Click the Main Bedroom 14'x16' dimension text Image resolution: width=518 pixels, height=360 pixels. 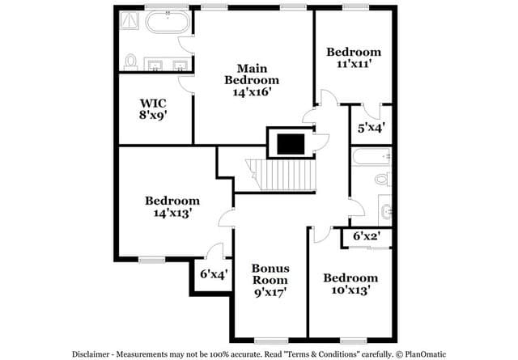coord(252,91)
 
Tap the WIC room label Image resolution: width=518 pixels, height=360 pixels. coord(153,103)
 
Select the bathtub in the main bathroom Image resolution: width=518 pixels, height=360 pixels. coord(168,22)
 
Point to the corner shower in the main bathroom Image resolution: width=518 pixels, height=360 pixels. coord(129,20)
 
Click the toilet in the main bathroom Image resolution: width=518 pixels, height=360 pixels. coord(131,62)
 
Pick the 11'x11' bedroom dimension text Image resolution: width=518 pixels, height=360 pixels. coord(353,63)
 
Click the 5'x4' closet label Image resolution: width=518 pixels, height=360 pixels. coord(371,128)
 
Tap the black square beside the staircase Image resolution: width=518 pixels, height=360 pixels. coord(291,144)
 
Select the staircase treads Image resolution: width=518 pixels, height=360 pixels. coord(281,175)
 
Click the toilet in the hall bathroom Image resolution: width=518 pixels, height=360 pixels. coord(383,179)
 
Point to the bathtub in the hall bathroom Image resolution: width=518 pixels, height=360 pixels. coord(372,157)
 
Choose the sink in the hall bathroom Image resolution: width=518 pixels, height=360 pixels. coord(386,210)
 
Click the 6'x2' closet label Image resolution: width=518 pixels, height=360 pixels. coord(367,236)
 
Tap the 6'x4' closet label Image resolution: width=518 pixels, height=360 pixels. coord(214,273)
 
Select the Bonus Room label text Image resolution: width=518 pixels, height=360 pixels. coord(270,274)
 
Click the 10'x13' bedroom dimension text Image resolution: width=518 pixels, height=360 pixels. coord(350,290)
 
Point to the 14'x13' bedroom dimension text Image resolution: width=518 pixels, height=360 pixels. coord(172,213)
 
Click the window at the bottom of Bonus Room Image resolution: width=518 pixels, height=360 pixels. coord(271,341)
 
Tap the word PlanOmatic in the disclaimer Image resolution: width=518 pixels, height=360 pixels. coord(426,354)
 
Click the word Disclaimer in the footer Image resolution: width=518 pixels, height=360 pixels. coord(91,354)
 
